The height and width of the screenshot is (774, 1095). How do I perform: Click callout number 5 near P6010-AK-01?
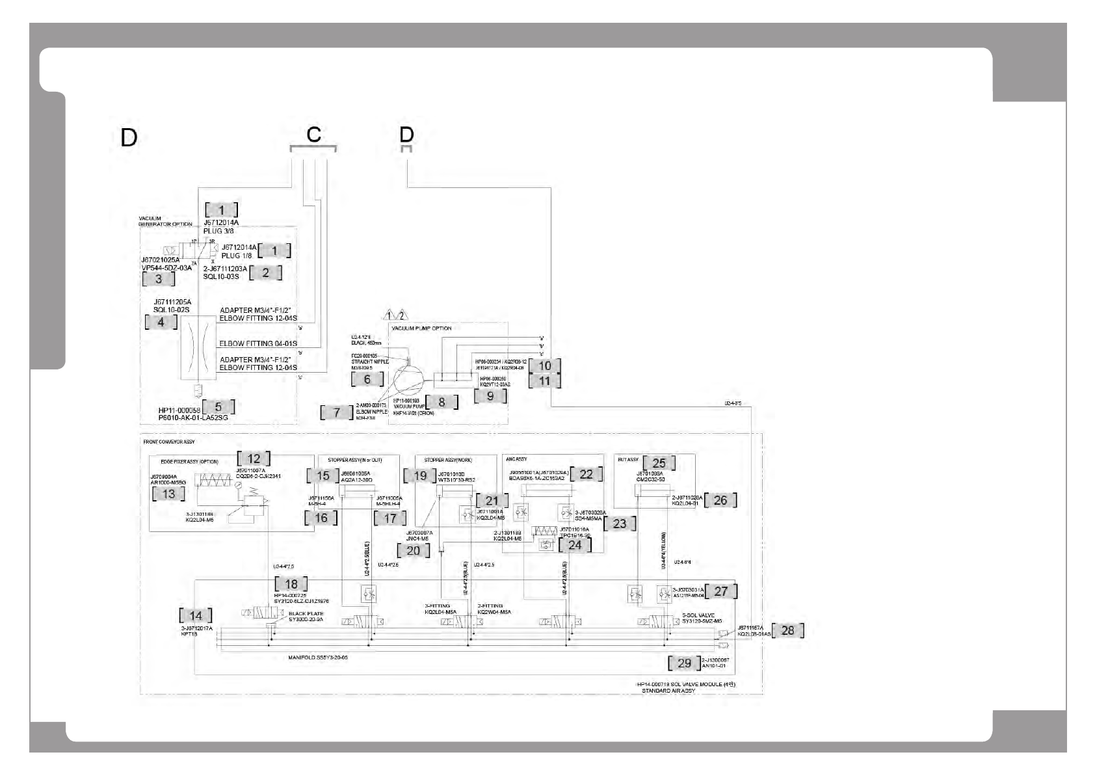[218, 407]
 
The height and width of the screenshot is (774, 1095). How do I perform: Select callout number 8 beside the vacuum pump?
[442, 402]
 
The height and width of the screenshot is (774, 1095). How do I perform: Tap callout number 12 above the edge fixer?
[254, 459]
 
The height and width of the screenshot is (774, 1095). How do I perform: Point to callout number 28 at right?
[787, 630]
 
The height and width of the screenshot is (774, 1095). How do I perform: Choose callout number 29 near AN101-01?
[684, 663]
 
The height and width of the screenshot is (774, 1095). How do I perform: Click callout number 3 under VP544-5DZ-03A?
[159, 279]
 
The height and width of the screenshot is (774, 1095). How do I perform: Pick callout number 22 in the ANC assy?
[586, 474]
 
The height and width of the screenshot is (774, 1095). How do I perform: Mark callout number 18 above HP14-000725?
[291, 584]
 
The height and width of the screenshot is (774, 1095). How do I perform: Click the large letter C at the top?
[313, 135]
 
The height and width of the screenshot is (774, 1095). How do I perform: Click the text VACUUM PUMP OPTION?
[421, 328]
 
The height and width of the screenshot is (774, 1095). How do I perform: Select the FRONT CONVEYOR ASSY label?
[168, 442]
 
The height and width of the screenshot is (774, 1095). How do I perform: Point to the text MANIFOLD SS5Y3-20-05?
[318, 658]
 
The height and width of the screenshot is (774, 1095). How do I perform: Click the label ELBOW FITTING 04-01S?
[258, 343]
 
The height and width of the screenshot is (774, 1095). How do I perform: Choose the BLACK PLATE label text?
[306, 613]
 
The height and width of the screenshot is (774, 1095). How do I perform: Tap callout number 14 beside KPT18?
[196, 615]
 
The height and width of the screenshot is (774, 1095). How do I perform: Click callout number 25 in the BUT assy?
[659, 463]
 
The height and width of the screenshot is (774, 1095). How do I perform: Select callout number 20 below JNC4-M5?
[414, 550]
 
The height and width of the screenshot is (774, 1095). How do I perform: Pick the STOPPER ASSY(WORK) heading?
[448, 460]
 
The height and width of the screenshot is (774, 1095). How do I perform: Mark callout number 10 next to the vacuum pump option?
[545, 366]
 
